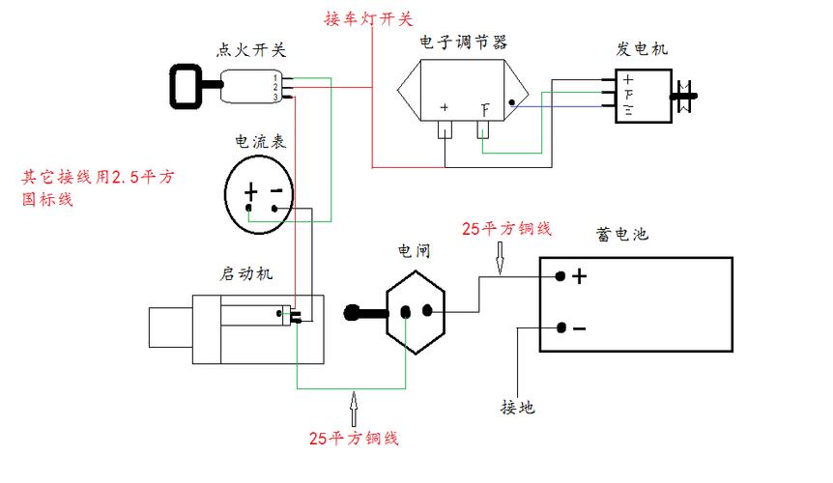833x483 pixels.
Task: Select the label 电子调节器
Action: (x=463, y=43)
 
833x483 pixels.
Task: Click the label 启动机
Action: (x=246, y=273)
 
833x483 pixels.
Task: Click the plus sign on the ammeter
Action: (x=251, y=191)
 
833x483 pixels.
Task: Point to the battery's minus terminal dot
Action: (x=561, y=328)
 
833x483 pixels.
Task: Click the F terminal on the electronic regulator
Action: (x=486, y=109)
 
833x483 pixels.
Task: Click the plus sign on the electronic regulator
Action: (x=445, y=108)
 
